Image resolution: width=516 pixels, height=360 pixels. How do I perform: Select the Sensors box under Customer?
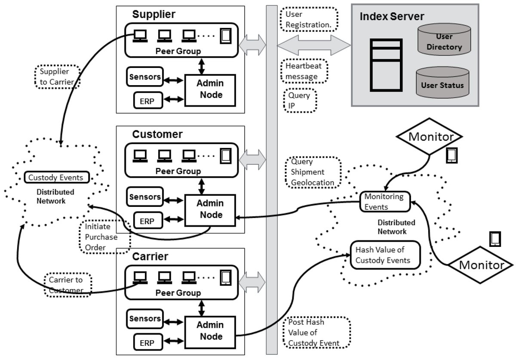[x=145, y=197]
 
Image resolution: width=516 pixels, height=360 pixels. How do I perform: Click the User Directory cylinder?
[x=443, y=41]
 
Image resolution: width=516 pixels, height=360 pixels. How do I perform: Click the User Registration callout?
[x=308, y=19]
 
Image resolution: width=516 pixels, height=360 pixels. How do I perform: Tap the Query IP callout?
[x=300, y=101]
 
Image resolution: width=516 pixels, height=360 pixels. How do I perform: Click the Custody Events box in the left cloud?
[x=58, y=177]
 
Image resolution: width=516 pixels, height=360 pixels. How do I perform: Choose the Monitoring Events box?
[x=384, y=201]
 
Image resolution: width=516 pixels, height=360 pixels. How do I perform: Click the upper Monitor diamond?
[x=430, y=137]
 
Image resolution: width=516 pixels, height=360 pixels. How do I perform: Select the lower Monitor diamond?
[x=481, y=265]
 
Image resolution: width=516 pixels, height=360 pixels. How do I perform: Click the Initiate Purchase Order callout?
[x=104, y=237]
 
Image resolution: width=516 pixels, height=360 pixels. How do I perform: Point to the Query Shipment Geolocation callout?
[x=312, y=172]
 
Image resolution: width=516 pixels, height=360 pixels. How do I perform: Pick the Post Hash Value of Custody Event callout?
[x=316, y=333]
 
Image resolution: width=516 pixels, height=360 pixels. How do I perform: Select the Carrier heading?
[x=150, y=257]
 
